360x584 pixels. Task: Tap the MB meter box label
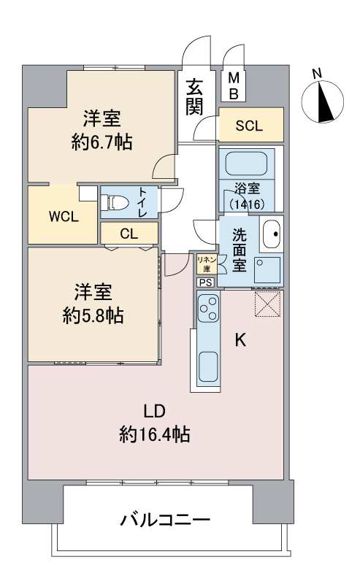234,86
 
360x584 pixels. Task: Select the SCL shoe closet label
249,126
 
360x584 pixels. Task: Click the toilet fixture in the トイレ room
115,203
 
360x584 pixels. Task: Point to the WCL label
64,217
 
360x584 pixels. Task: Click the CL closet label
129,234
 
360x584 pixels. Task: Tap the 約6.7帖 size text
102,142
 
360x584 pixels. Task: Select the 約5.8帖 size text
93,316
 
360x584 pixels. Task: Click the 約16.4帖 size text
155,434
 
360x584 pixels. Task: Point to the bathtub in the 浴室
246,164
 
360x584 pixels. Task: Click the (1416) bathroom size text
248,204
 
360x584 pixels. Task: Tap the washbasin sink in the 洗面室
271,234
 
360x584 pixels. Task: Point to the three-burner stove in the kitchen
209,307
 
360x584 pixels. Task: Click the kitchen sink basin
209,366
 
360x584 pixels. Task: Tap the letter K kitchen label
240,339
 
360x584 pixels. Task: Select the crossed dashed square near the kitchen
267,304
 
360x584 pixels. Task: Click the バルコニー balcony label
165,519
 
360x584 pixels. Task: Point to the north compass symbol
322,101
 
